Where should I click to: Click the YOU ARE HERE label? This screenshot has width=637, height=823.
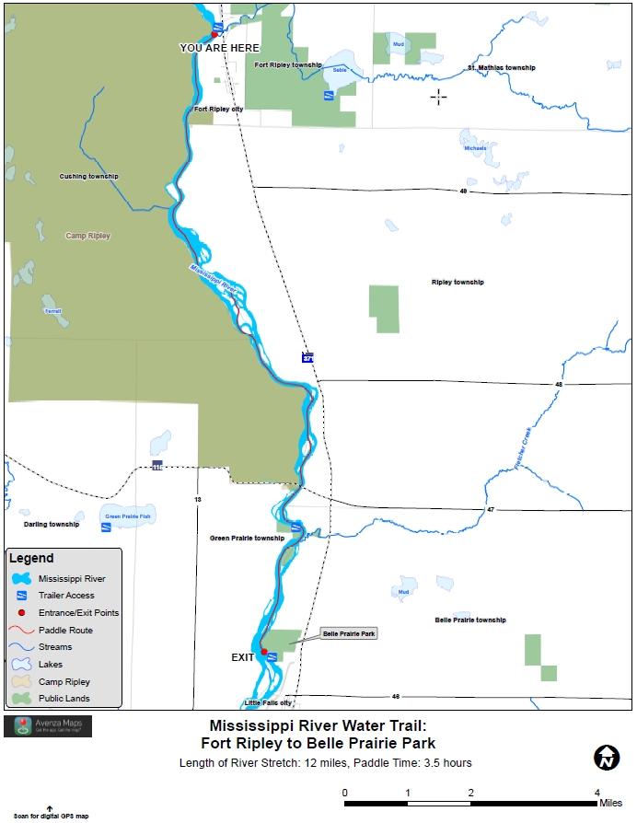220,47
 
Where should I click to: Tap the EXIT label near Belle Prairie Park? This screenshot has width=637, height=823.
242,658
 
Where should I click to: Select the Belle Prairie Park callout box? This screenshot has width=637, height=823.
349,634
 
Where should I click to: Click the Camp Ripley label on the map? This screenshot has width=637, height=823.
87,236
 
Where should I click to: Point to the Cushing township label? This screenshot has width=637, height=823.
89,176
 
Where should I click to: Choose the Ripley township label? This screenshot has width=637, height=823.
457,282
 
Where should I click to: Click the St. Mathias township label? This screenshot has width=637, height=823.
501,68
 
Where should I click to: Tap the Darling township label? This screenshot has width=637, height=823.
51,524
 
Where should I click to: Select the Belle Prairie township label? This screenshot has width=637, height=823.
470,620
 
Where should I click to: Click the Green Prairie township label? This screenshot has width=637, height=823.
247,538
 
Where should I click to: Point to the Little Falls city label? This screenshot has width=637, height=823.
268,702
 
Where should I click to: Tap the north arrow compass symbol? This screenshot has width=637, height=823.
606,758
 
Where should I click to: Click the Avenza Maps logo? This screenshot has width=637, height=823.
48,726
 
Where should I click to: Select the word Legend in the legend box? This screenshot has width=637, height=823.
31,558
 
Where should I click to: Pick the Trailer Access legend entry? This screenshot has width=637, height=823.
66,596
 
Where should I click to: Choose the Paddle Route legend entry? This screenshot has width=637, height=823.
65,630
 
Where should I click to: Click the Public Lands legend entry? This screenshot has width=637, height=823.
64,699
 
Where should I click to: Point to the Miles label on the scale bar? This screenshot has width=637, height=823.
610,803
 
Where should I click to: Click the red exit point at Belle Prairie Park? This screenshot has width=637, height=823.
263,652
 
